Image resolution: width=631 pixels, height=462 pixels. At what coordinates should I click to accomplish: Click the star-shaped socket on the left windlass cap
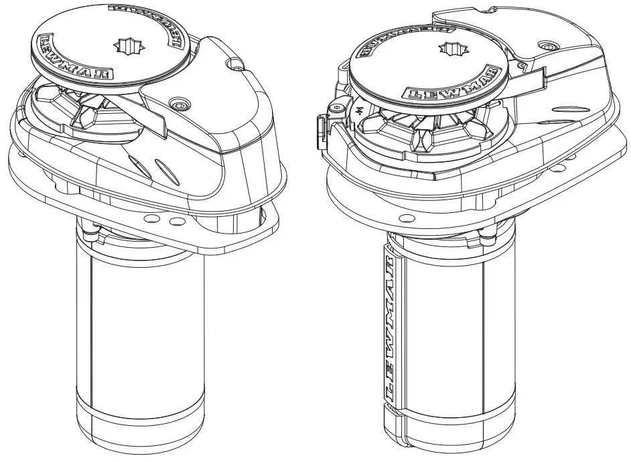pos(126,46)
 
